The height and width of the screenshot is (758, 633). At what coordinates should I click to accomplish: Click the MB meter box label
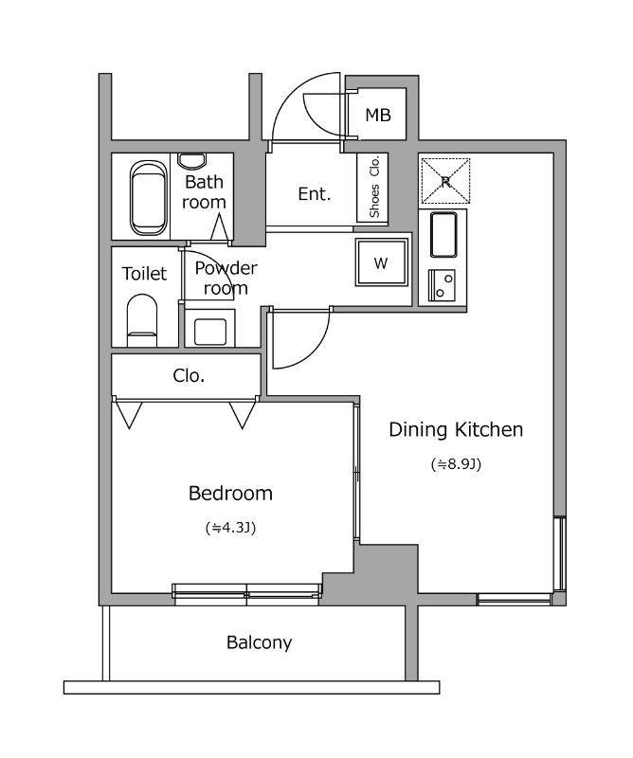(378, 115)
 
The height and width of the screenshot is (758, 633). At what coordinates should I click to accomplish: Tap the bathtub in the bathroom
(149, 198)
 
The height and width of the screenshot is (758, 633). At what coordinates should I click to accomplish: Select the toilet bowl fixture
(142, 320)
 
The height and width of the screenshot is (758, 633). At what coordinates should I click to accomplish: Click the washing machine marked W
(382, 262)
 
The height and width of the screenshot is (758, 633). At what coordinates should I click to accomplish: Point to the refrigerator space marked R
(445, 181)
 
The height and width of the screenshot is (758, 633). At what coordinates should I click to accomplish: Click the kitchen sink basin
(443, 235)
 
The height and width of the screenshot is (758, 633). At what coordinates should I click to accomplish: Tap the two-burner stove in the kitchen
(442, 285)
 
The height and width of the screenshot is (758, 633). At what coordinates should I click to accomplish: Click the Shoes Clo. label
(374, 188)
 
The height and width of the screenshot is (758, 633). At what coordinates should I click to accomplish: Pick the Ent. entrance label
(315, 194)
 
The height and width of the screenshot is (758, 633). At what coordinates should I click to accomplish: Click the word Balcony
(260, 643)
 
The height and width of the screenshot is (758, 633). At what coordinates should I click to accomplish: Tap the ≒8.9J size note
(456, 464)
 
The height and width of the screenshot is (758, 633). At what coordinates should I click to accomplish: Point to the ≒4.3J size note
(230, 528)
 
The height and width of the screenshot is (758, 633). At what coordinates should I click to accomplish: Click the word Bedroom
(230, 493)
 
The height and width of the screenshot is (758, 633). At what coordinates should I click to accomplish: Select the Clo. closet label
(189, 375)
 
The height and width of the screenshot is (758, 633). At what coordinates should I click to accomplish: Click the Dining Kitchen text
(456, 429)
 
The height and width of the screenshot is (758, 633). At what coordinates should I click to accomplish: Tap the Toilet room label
(144, 274)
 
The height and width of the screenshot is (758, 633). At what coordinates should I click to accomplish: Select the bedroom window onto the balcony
(246, 594)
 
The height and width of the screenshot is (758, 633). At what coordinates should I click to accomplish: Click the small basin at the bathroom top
(191, 161)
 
